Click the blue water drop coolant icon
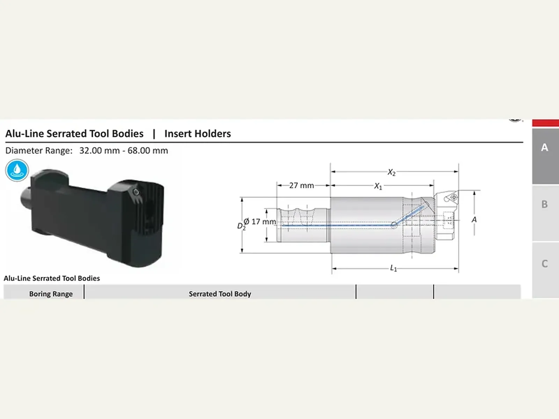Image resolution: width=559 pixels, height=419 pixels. pos(17,170)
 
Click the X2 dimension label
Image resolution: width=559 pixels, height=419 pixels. pos(391,172)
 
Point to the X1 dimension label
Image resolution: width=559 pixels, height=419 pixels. pos(378,186)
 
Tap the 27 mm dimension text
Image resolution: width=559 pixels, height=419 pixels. pos(302,185)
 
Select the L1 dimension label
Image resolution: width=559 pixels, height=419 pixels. pos(393,268)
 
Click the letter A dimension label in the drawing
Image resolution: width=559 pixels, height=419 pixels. pos(474,219)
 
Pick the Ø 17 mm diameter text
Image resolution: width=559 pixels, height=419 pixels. pos(260,222)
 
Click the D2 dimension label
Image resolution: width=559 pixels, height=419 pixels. pos(241,226)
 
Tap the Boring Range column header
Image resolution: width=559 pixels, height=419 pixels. pos(51,294)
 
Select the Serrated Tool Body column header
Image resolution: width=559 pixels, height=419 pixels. pos(220,294)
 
